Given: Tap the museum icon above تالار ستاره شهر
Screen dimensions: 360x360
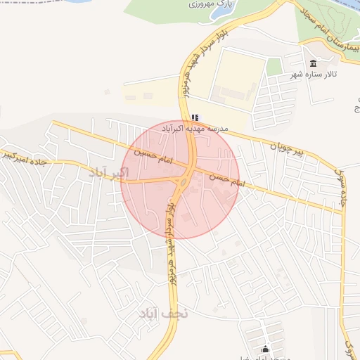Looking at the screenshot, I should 313,63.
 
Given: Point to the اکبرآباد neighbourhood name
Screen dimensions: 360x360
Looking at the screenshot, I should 110,172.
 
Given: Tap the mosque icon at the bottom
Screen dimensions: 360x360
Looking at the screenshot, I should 266,349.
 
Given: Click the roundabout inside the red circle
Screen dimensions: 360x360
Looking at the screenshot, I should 182,184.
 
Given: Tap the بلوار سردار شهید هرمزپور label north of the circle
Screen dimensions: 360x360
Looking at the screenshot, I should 196,63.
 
